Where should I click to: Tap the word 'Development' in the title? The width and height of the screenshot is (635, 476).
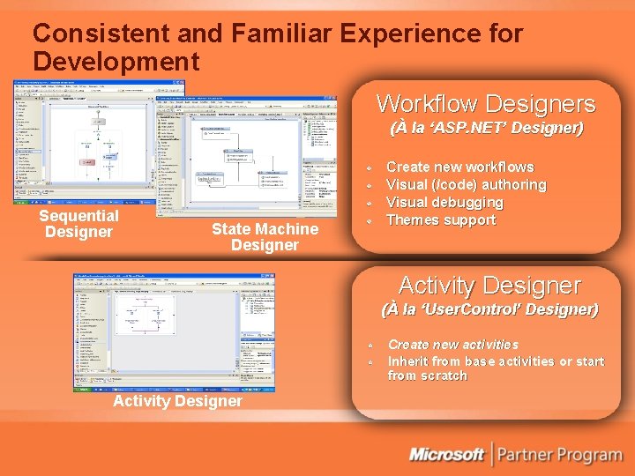point(116,62)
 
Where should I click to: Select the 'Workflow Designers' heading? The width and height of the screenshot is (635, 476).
point(486,104)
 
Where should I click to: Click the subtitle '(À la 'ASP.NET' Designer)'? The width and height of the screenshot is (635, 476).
point(486,129)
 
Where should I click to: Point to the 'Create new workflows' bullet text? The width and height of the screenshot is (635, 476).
point(459,167)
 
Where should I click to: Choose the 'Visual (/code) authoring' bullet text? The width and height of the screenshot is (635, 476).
point(466,184)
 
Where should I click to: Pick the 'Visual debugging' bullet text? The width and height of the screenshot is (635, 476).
point(444,202)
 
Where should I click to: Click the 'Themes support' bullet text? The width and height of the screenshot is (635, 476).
point(441,219)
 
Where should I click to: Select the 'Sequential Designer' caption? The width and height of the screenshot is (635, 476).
point(79,224)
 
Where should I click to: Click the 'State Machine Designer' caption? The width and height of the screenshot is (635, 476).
point(265,237)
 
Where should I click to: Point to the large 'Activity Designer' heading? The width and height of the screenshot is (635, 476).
point(489,286)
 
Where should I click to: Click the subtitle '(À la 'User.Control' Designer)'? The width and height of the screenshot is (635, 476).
point(489,310)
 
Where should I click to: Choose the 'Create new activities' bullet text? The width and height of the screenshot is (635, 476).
point(453,345)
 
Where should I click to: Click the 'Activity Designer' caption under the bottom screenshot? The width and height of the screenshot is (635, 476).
point(177,401)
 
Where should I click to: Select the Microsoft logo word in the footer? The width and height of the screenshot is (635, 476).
point(446,455)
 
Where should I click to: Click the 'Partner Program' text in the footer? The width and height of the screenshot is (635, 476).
point(559,455)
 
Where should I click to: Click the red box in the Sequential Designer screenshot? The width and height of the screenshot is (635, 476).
point(87,162)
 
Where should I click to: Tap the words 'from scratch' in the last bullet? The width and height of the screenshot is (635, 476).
point(428,376)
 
